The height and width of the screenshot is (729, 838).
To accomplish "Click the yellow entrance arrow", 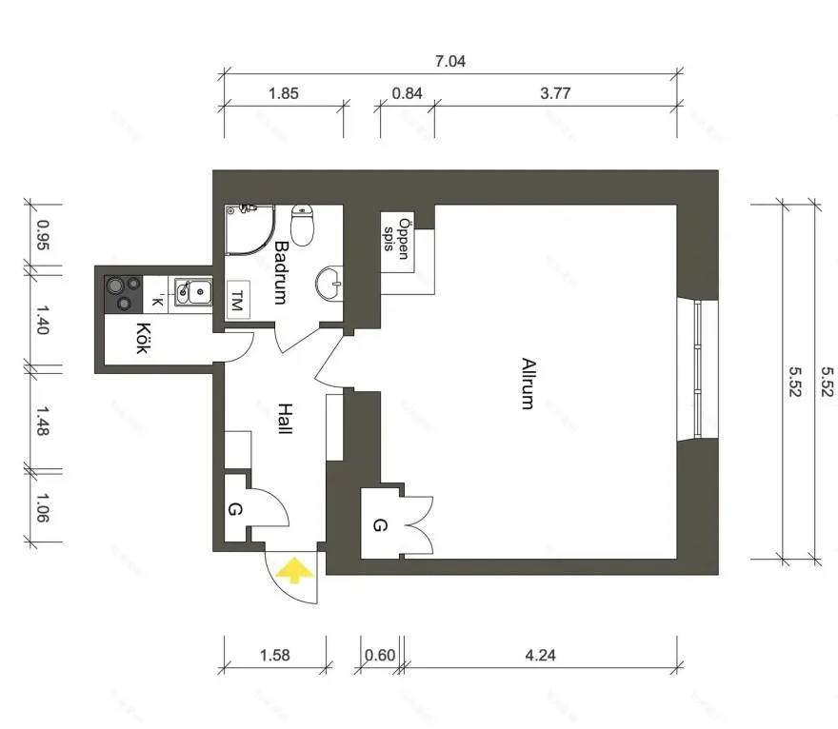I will click(294, 570).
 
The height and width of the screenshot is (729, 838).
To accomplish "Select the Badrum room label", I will click(281, 272).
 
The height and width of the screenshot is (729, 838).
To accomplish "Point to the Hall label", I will click(284, 419).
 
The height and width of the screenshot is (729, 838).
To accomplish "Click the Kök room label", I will click(143, 339).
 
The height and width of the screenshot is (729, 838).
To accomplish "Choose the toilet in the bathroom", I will click(303, 225).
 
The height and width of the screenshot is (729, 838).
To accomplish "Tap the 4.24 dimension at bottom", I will click(540, 655).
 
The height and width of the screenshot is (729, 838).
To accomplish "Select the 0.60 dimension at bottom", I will click(380, 655).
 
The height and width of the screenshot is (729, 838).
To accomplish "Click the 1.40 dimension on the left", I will click(43, 324).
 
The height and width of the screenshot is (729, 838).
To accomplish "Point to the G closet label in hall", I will click(235, 510).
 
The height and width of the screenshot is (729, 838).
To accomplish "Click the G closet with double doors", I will click(381, 524).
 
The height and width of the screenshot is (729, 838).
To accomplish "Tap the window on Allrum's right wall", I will click(698, 371).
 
